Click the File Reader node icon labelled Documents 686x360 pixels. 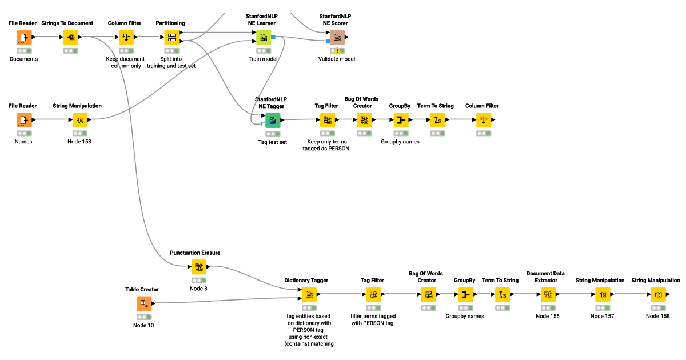click(x=24, y=38)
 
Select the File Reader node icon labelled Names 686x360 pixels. click(x=24, y=120)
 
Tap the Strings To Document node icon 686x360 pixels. click(x=71, y=38)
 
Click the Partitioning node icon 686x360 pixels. click(x=170, y=38)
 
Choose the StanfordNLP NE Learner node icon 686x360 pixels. click(x=263, y=38)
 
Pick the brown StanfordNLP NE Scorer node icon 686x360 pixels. click(x=337, y=38)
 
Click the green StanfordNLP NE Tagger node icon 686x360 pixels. click(x=273, y=120)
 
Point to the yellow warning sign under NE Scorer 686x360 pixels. click(x=337, y=51)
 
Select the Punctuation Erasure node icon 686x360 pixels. click(x=198, y=267)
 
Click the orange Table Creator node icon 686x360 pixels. click(x=144, y=303)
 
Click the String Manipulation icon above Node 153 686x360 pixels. click(x=79, y=120)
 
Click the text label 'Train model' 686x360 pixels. click(x=263, y=59)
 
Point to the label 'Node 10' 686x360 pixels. click(x=143, y=325)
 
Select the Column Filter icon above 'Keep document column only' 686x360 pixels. click(x=126, y=38)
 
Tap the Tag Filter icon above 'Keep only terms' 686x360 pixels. click(x=328, y=120)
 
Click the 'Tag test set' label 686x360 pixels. click(x=273, y=142)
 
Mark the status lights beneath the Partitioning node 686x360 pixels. click(x=170, y=51)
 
